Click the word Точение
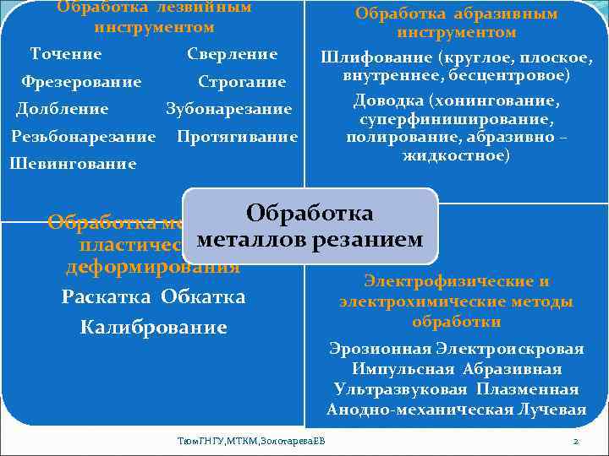66,54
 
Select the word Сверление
233,54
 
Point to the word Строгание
242,82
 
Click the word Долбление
63,109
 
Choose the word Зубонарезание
229,109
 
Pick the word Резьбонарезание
84,136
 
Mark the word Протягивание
239,136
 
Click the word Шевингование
73,164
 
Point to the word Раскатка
104,296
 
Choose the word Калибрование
153,327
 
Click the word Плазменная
528,389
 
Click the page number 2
575,442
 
